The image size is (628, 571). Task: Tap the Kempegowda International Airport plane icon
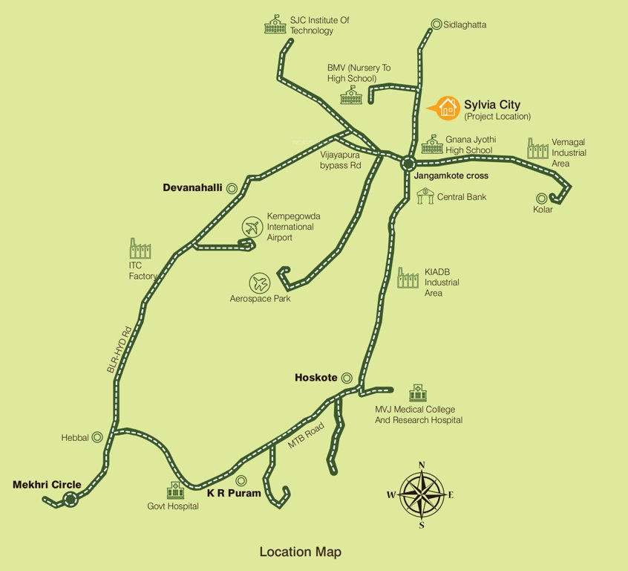pyautogui.click(x=253, y=226)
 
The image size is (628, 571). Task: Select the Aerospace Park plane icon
pyautogui.click(x=260, y=283)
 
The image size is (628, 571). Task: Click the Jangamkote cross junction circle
pyautogui.click(x=408, y=164)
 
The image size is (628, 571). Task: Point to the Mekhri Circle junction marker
pyautogui.click(x=71, y=500)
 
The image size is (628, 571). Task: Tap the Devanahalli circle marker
pyautogui.click(x=232, y=189)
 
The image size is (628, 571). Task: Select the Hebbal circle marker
pyautogui.click(x=97, y=438)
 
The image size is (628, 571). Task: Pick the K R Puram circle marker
pyautogui.click(x=241, y=480)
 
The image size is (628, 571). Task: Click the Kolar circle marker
pyautogui.click(x=542, y=199)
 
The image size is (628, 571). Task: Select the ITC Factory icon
pyautogui.click(x=140, y=249)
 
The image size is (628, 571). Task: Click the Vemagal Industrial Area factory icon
pyautogui.click(x=537, y=148)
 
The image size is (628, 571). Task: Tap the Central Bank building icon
pyautogui.click(x=425, y=196)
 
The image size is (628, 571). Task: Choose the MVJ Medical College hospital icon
pyautogui.click(x=417, y=393)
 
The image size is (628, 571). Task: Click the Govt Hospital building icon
pyautogui.click(x=175, y=490)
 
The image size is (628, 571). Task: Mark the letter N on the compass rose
pyautogui.click(x=422, y=465)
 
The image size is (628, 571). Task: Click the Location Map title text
pyautogui.click(x=300, y=552)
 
